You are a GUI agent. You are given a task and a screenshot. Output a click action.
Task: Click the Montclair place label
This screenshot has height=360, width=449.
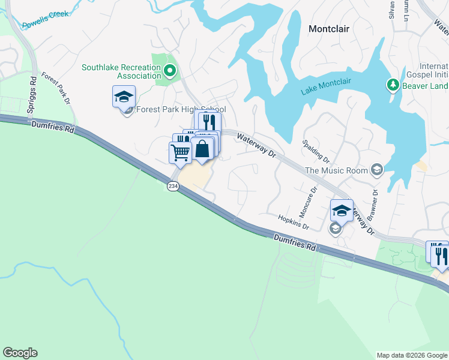pyautogui.click(x=328, y=28)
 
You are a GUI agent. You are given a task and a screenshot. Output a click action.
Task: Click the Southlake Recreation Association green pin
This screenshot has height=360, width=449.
pyautogui.click(x=170, y=72)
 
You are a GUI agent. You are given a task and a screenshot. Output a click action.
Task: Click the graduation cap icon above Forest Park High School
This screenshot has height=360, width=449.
pyautogui.click(x=124, y=97)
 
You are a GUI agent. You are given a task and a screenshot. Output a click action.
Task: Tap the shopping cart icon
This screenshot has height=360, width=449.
pyautogui.click(x=180, y=152)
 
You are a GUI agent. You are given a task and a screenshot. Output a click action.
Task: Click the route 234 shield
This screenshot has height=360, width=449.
pyautogui.click(x=173, y=187)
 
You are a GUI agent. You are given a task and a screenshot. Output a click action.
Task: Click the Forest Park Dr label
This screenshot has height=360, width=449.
pyautogui.click(x=57, y=88)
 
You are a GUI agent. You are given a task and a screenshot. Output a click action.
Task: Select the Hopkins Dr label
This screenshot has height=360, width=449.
pyautogui.click(x=293, y=222)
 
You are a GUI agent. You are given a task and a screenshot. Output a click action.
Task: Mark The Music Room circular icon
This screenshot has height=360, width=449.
pyautogui.click(x=376, y=170)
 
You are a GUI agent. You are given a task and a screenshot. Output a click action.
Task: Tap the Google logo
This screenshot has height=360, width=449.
pyautogui.click(x=20, y=353)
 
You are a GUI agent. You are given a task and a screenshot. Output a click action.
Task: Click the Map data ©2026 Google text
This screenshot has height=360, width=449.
pyautogui.click(x=411, y=355)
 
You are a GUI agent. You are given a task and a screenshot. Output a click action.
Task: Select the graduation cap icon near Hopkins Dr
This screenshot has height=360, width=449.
pyautogui.click(x=342, y=211)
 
